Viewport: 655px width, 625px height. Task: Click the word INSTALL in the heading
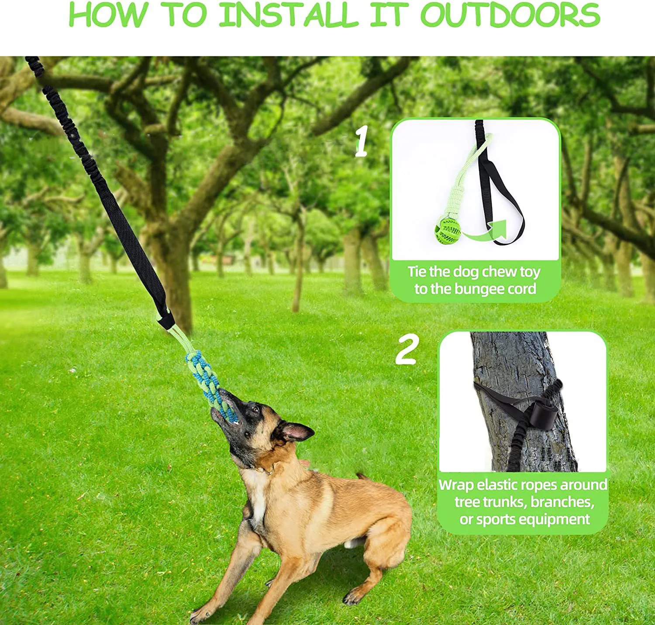289,14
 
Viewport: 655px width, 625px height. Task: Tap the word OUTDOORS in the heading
510,14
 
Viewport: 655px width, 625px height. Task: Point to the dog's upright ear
297,431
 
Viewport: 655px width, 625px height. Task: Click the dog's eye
255,410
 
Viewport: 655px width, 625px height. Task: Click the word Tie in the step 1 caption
417,272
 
